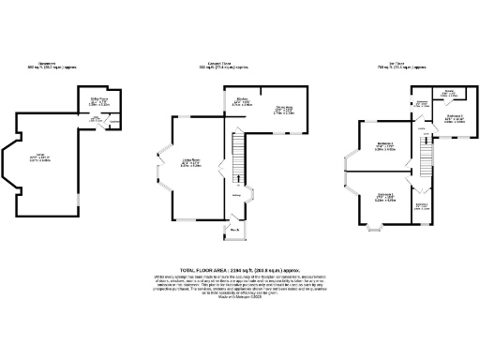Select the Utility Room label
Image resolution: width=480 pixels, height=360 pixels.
pos(99,100)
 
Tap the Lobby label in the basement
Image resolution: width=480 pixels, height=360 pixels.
pos(95,119)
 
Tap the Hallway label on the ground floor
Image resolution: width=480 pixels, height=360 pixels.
pos(236,195)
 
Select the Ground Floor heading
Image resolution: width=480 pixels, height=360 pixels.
pos(222,67)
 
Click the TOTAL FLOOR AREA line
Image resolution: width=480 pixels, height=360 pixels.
pos(240,269)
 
